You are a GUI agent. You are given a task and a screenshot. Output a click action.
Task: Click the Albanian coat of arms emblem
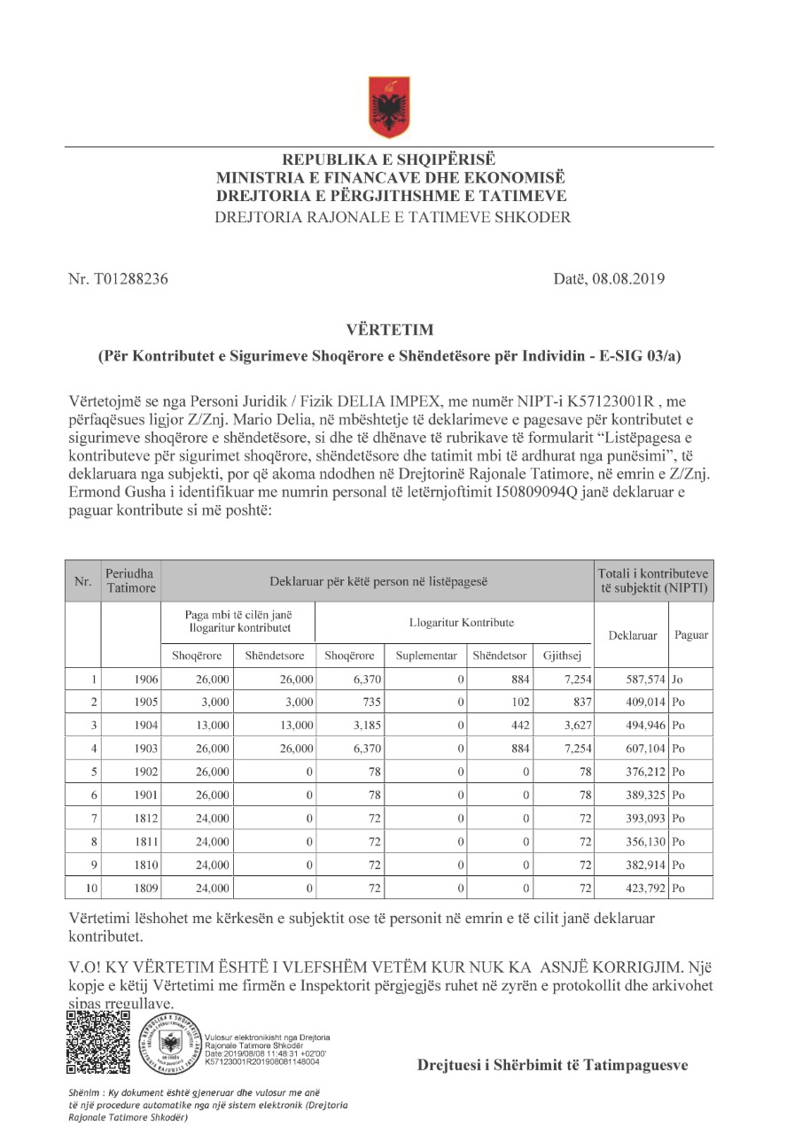(x=389, y=105)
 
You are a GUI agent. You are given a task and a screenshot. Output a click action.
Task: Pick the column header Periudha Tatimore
(x=131, y=581)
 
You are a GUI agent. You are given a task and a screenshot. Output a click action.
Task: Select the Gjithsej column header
(x=561, y=656)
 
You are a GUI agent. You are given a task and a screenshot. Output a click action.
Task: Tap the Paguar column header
(x=691, y=635)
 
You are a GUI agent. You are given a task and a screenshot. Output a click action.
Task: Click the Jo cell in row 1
(x=678, y=680)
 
